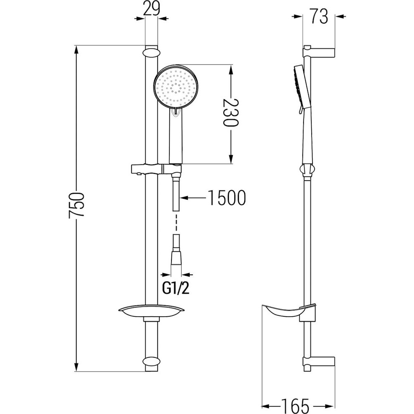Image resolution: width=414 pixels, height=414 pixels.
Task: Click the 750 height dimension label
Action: point(76,205)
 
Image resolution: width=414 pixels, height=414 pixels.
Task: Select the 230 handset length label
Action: point(231,113)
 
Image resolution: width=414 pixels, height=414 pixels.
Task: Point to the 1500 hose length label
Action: point(227,197)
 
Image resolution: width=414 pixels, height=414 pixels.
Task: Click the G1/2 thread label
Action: point(176,289)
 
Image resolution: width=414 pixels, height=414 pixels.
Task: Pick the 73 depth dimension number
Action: point(319,17)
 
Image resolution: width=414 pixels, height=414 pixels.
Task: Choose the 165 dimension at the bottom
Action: point(295,406)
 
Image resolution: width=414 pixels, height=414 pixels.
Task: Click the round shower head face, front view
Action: point(176,86)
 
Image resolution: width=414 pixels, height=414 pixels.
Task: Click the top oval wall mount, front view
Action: point(152,52)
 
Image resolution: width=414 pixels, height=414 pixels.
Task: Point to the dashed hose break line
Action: point(176,223)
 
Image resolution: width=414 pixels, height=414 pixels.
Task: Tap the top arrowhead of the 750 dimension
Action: point(76,50)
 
